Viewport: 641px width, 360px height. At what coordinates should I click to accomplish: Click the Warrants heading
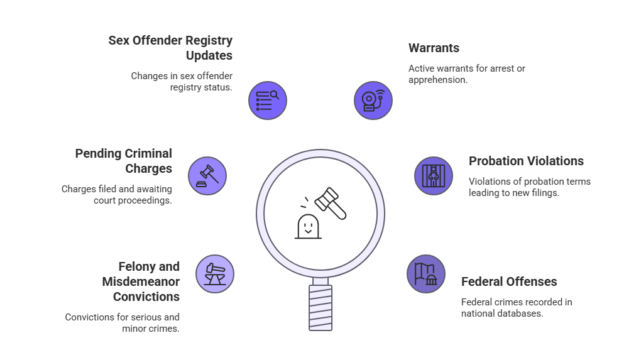coord(434,48)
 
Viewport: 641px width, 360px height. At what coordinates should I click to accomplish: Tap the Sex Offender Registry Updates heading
coord(170,48)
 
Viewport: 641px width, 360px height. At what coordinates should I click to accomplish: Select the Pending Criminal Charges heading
coord(124,161)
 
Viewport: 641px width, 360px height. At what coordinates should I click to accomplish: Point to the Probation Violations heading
coord(526,161)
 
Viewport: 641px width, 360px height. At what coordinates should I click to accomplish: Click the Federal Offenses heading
coord(509,281)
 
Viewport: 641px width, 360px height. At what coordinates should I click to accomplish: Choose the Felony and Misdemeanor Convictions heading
coord(141,281)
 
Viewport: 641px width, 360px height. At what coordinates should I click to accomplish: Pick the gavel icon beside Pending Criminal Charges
coord(207,175)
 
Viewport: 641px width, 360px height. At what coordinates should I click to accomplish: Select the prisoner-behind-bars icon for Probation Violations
coord(434,175)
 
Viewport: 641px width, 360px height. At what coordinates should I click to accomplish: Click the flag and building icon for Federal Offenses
coord(426,275)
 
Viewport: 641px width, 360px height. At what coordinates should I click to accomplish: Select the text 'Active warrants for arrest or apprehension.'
coord(466,74)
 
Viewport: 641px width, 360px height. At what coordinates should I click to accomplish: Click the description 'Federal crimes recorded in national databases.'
coord(517,307)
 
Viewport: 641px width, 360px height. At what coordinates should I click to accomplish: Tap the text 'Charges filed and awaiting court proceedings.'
coord(116,194)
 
